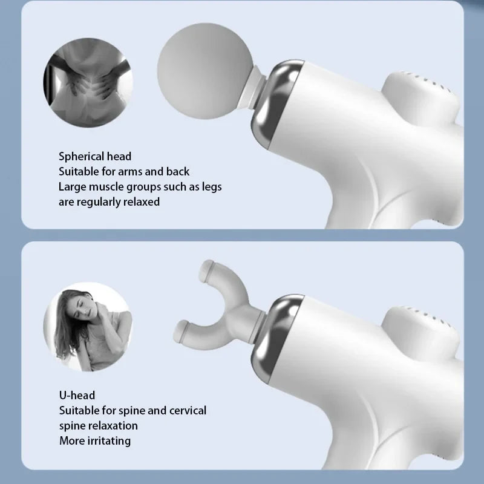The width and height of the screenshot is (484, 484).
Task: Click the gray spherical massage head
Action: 205,71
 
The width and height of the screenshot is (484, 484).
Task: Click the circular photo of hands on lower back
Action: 88,82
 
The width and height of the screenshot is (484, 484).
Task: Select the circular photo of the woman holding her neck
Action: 88,327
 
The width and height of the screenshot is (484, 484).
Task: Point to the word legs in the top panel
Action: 212,187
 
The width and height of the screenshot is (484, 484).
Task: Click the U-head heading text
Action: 77,395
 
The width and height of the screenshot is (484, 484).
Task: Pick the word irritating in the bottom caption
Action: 109,441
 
